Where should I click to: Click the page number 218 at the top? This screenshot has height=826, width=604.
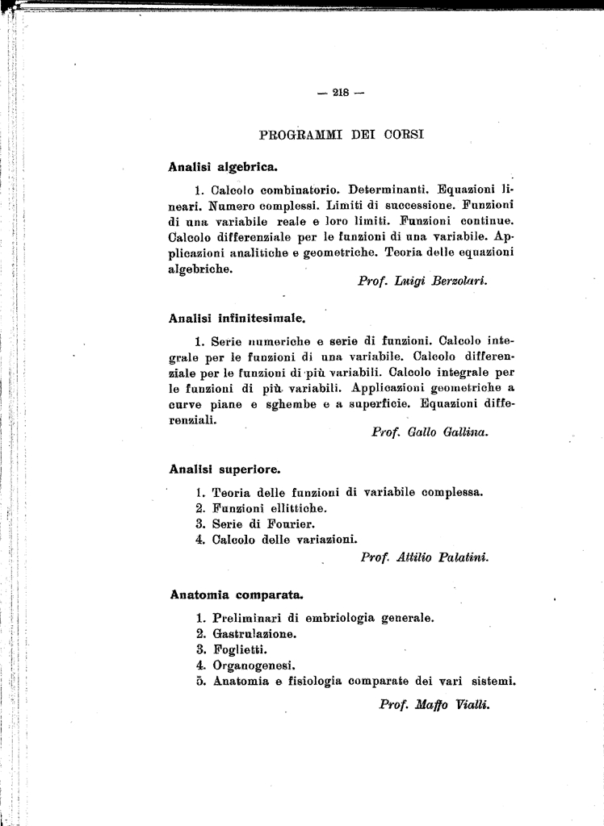click(341, 92)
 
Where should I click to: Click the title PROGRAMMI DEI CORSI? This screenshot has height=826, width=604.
click(341, 134)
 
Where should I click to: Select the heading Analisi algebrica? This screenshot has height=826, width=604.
click(222, 168)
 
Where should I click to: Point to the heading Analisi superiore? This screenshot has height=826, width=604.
click(225, 468)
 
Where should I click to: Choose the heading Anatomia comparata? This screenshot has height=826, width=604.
click(237, 595)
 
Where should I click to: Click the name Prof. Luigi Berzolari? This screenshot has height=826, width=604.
click(423, 281)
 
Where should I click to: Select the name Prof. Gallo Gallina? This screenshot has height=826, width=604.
click(430, 432)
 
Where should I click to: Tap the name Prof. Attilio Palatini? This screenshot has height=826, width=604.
click(425, 557)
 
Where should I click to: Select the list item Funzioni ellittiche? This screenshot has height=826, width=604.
click(269, 508)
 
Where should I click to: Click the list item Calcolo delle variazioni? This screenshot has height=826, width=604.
click(284, 540)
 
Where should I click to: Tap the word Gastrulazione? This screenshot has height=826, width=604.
click(254, 634)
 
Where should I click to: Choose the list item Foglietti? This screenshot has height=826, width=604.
click(239, 649)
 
